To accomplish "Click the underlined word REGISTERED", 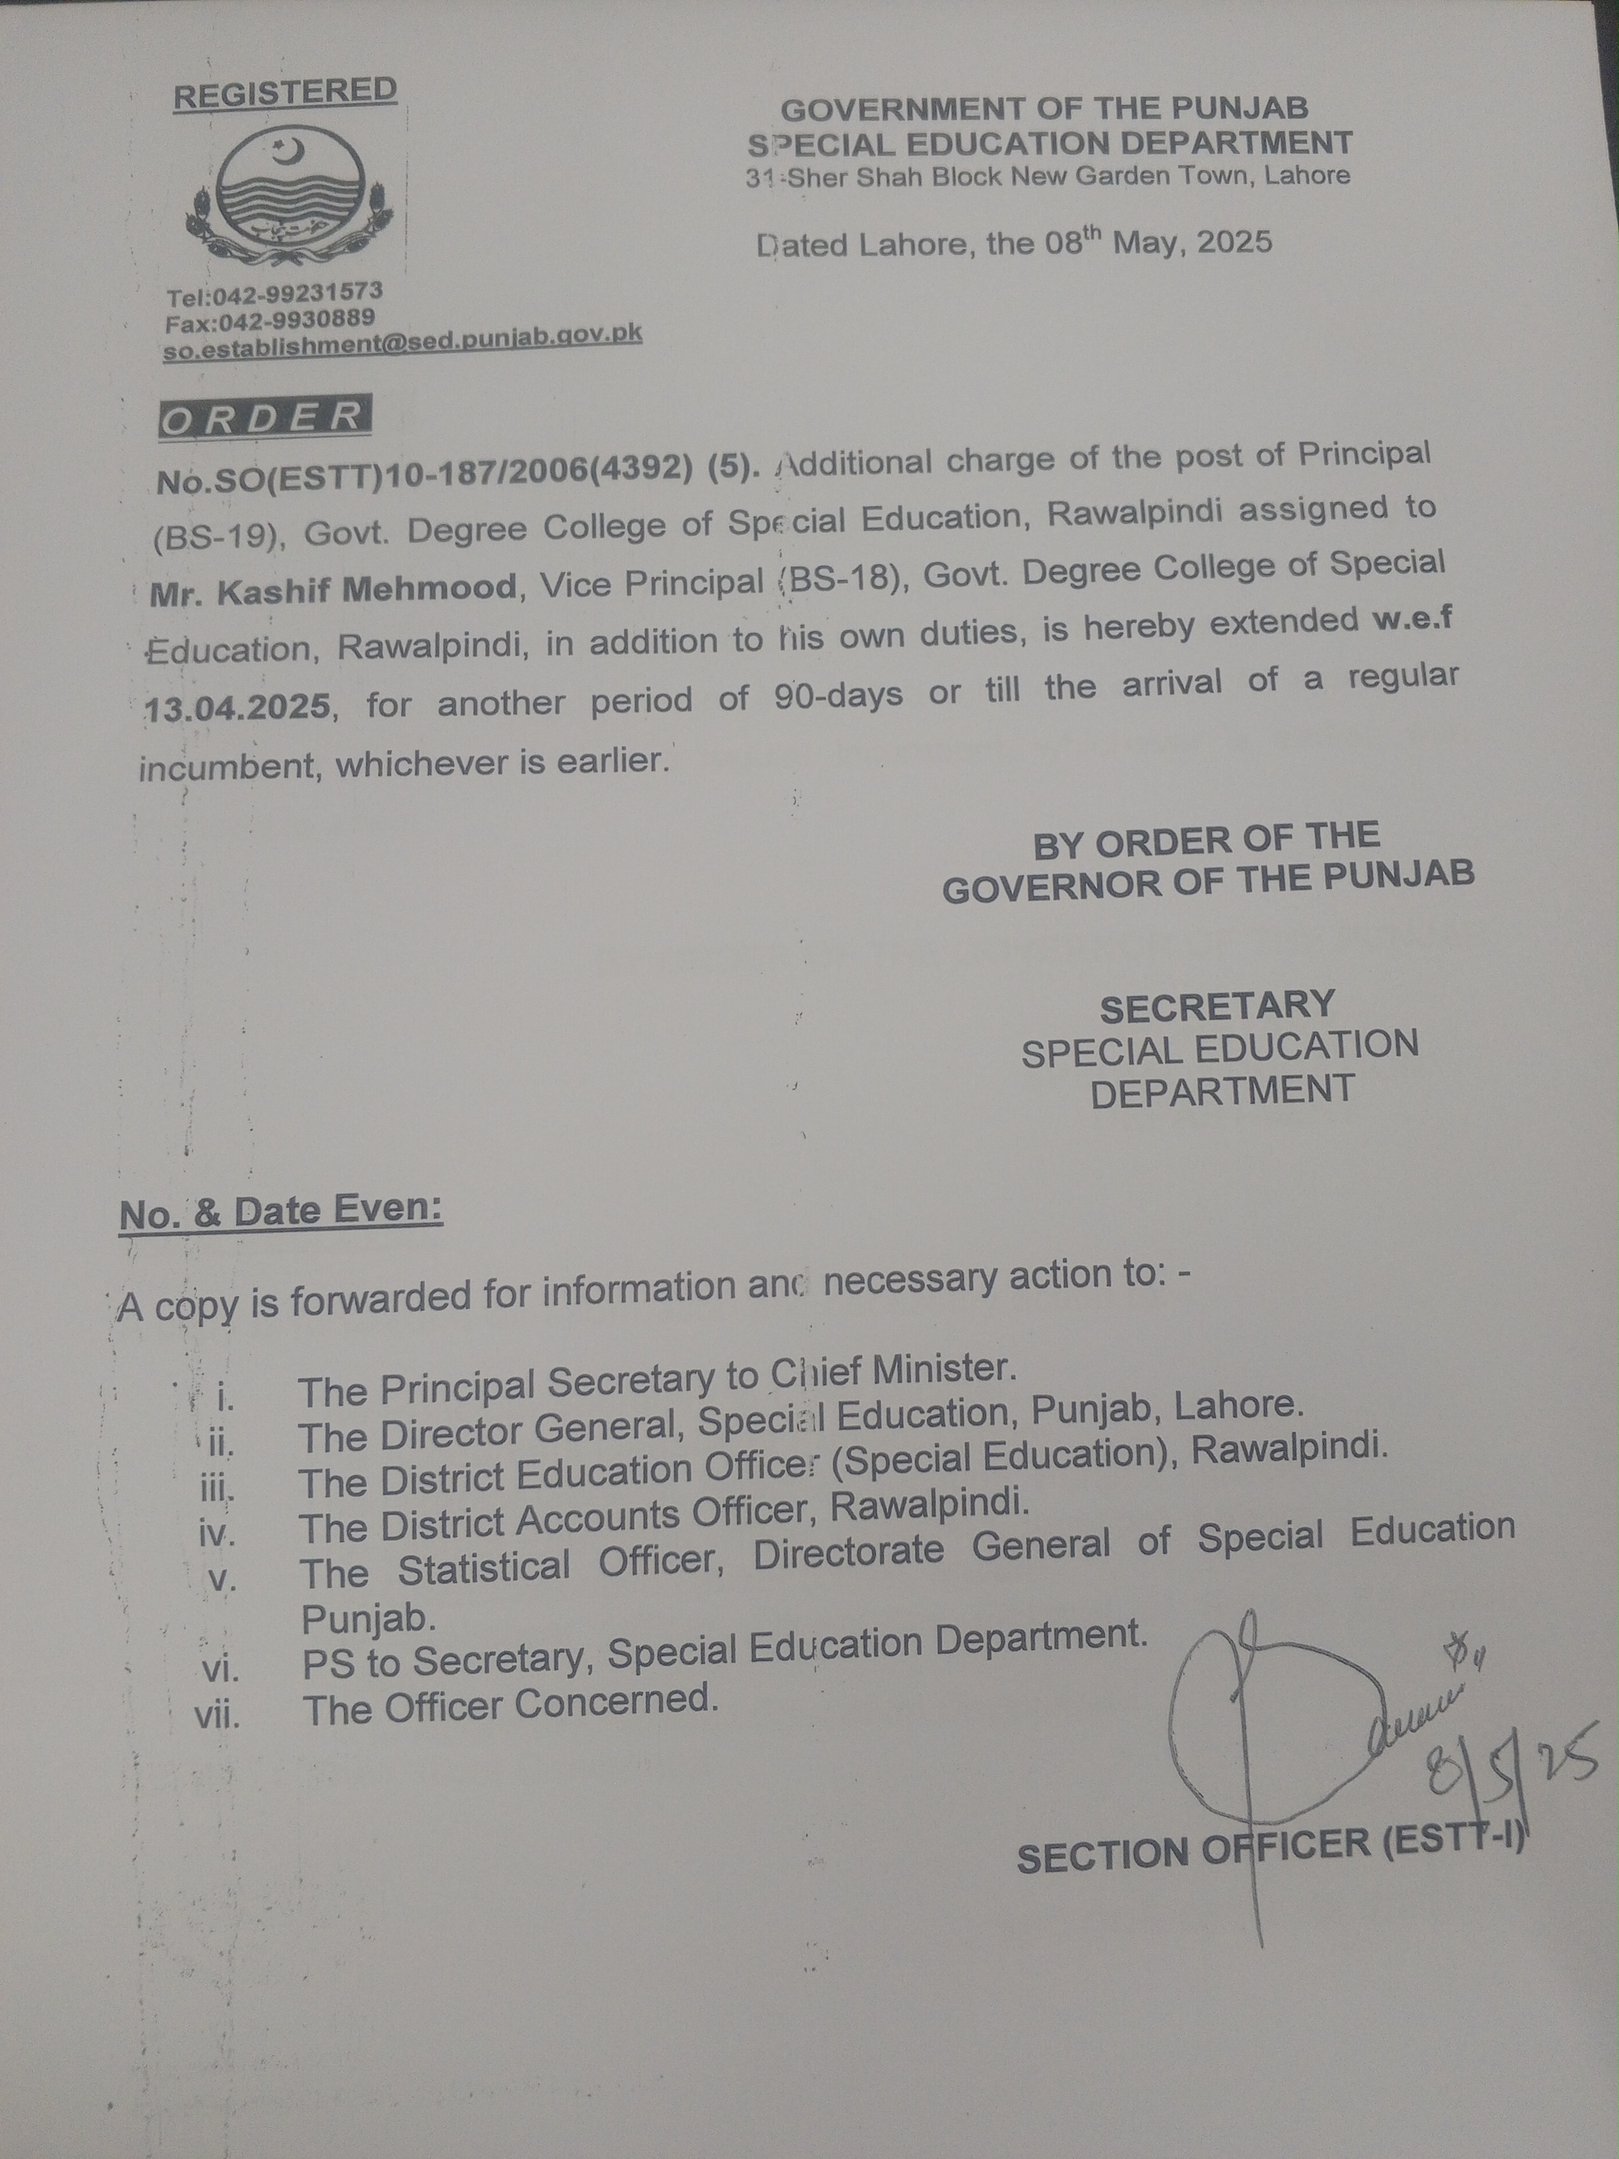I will click(x=285, y=92).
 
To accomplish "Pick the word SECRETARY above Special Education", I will click(x=1217, y=1005).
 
